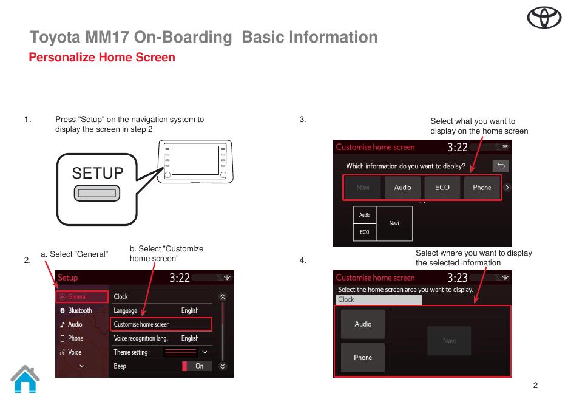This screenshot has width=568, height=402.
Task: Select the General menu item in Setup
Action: pos(81,297)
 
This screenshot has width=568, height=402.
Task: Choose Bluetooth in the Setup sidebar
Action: pos(79,310)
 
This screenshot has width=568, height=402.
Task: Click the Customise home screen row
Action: pos(161,324)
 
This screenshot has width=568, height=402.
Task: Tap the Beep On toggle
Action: pos(197,366)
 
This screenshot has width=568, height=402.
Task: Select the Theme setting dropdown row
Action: pos(161,352)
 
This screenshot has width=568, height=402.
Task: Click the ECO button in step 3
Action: pos(442,188)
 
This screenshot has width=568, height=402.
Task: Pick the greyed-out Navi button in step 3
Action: pos(363,188)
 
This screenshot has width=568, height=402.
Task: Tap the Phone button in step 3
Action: pos(482,188)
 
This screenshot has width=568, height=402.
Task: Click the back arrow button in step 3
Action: pos(501,166)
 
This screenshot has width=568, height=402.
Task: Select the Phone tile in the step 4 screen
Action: pos(363,358)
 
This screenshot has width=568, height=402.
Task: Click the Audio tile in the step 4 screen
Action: pos(363,324)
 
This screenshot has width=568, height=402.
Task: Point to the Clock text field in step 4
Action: pos(379,299)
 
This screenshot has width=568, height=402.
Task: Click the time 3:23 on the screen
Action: pos(457,278)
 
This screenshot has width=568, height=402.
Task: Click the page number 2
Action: pos(535,385)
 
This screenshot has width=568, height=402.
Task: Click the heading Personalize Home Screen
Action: pos(102,58)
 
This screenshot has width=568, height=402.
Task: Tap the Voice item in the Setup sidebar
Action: pos(74,352)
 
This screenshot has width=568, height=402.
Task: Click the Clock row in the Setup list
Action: pos(161,297)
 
